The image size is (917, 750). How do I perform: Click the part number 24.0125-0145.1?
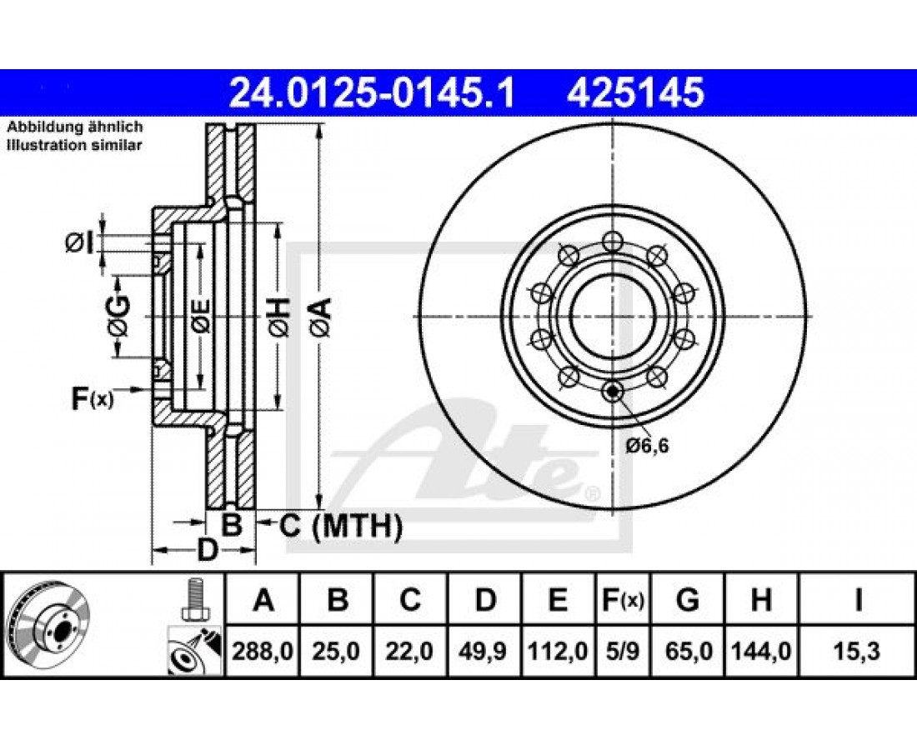point(372,93)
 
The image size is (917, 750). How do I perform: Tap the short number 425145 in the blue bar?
point(635,93)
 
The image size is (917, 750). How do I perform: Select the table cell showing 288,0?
point(263,651)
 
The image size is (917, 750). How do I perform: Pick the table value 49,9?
point(483,651)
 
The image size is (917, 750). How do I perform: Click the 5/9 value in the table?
point(622,651)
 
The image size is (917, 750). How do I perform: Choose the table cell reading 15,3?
point(858,651)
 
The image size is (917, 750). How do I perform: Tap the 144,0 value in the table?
point(761,651)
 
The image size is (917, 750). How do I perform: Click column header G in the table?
point(687,600)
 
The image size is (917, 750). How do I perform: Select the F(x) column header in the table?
point(622,600)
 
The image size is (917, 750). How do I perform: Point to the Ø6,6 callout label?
point(647,447)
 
